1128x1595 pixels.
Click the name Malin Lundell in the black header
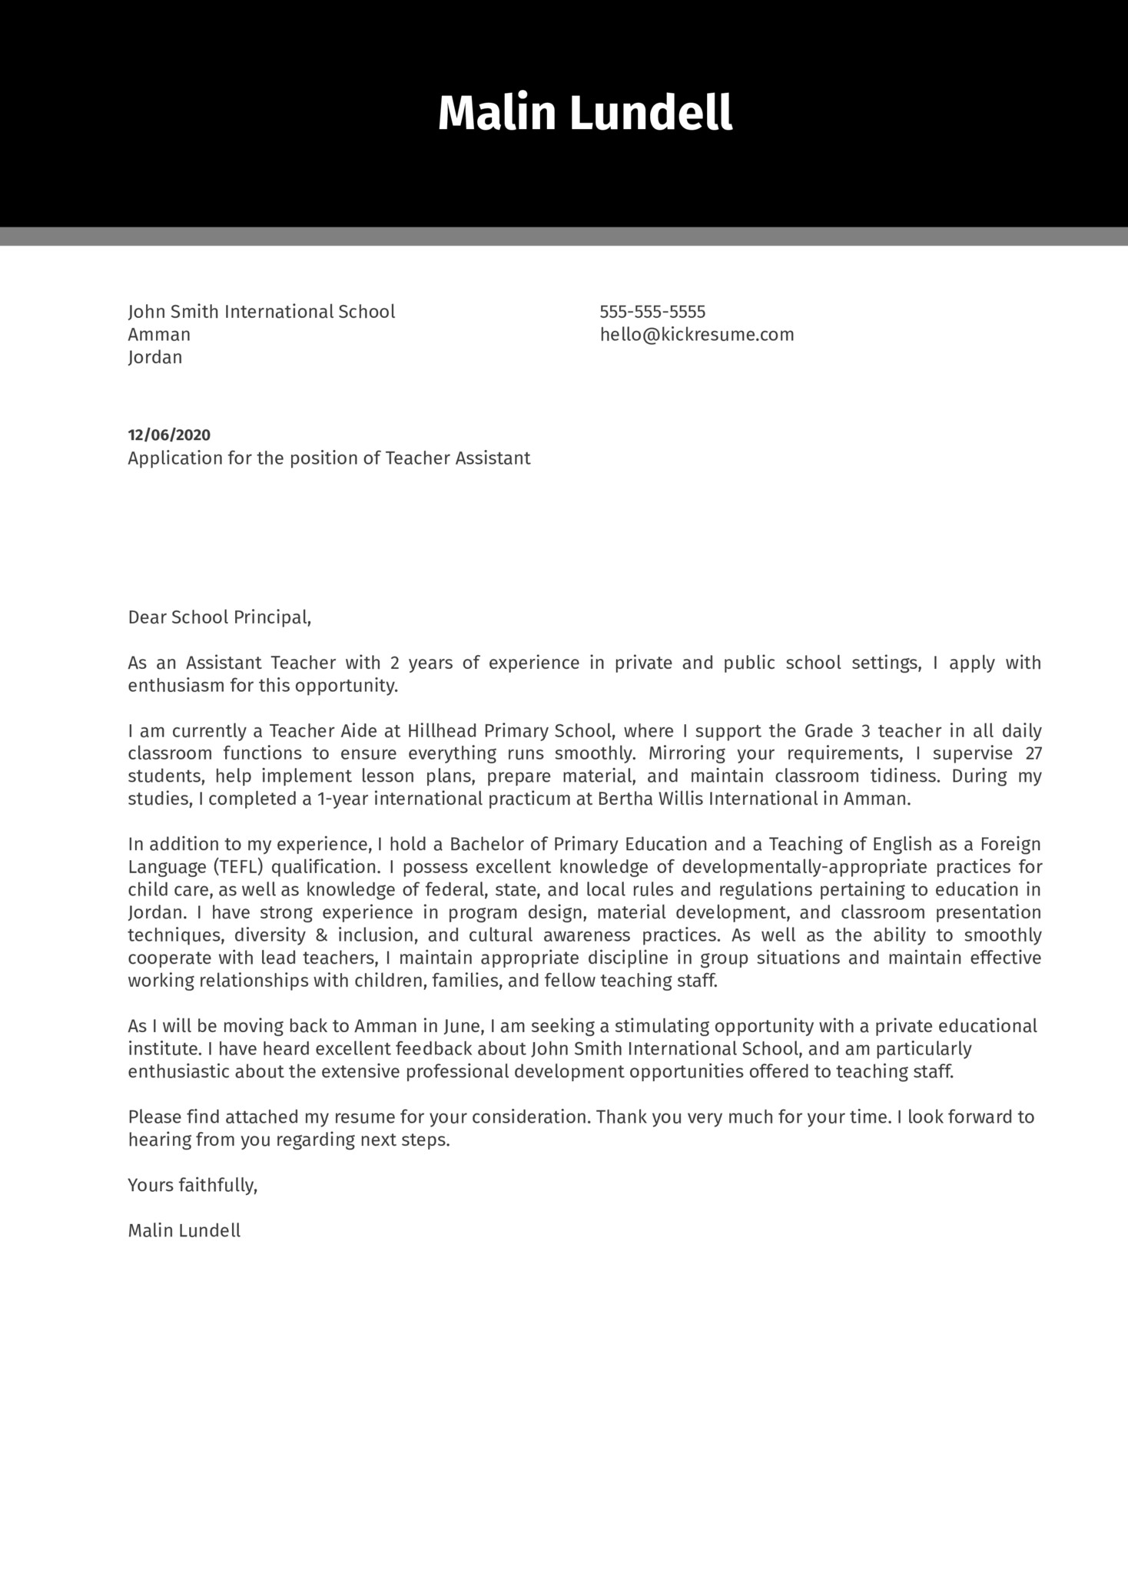coord(585,114)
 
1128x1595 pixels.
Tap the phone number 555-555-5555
coord(652,312)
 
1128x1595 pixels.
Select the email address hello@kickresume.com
coord(697,335)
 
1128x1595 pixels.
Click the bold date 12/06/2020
coord(169,435)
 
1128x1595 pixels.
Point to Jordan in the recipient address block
coord(155,357)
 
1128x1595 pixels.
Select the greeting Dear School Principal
coord(220,617)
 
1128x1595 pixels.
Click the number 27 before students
coord(1033,753)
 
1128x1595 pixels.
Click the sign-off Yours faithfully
coord(193,1186)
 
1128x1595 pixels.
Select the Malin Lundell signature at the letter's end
coord(184,1231)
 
